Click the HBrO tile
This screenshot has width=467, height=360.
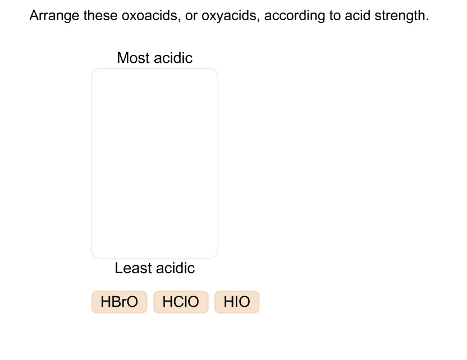tap(119, 302)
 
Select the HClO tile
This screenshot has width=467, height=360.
tap(181, 302)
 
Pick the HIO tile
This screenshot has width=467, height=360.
tap(237, 302)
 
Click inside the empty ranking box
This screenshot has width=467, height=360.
tap(154, 163)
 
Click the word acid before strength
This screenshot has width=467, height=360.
tap(357, 16)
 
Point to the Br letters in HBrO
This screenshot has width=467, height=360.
tap(119, 302)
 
